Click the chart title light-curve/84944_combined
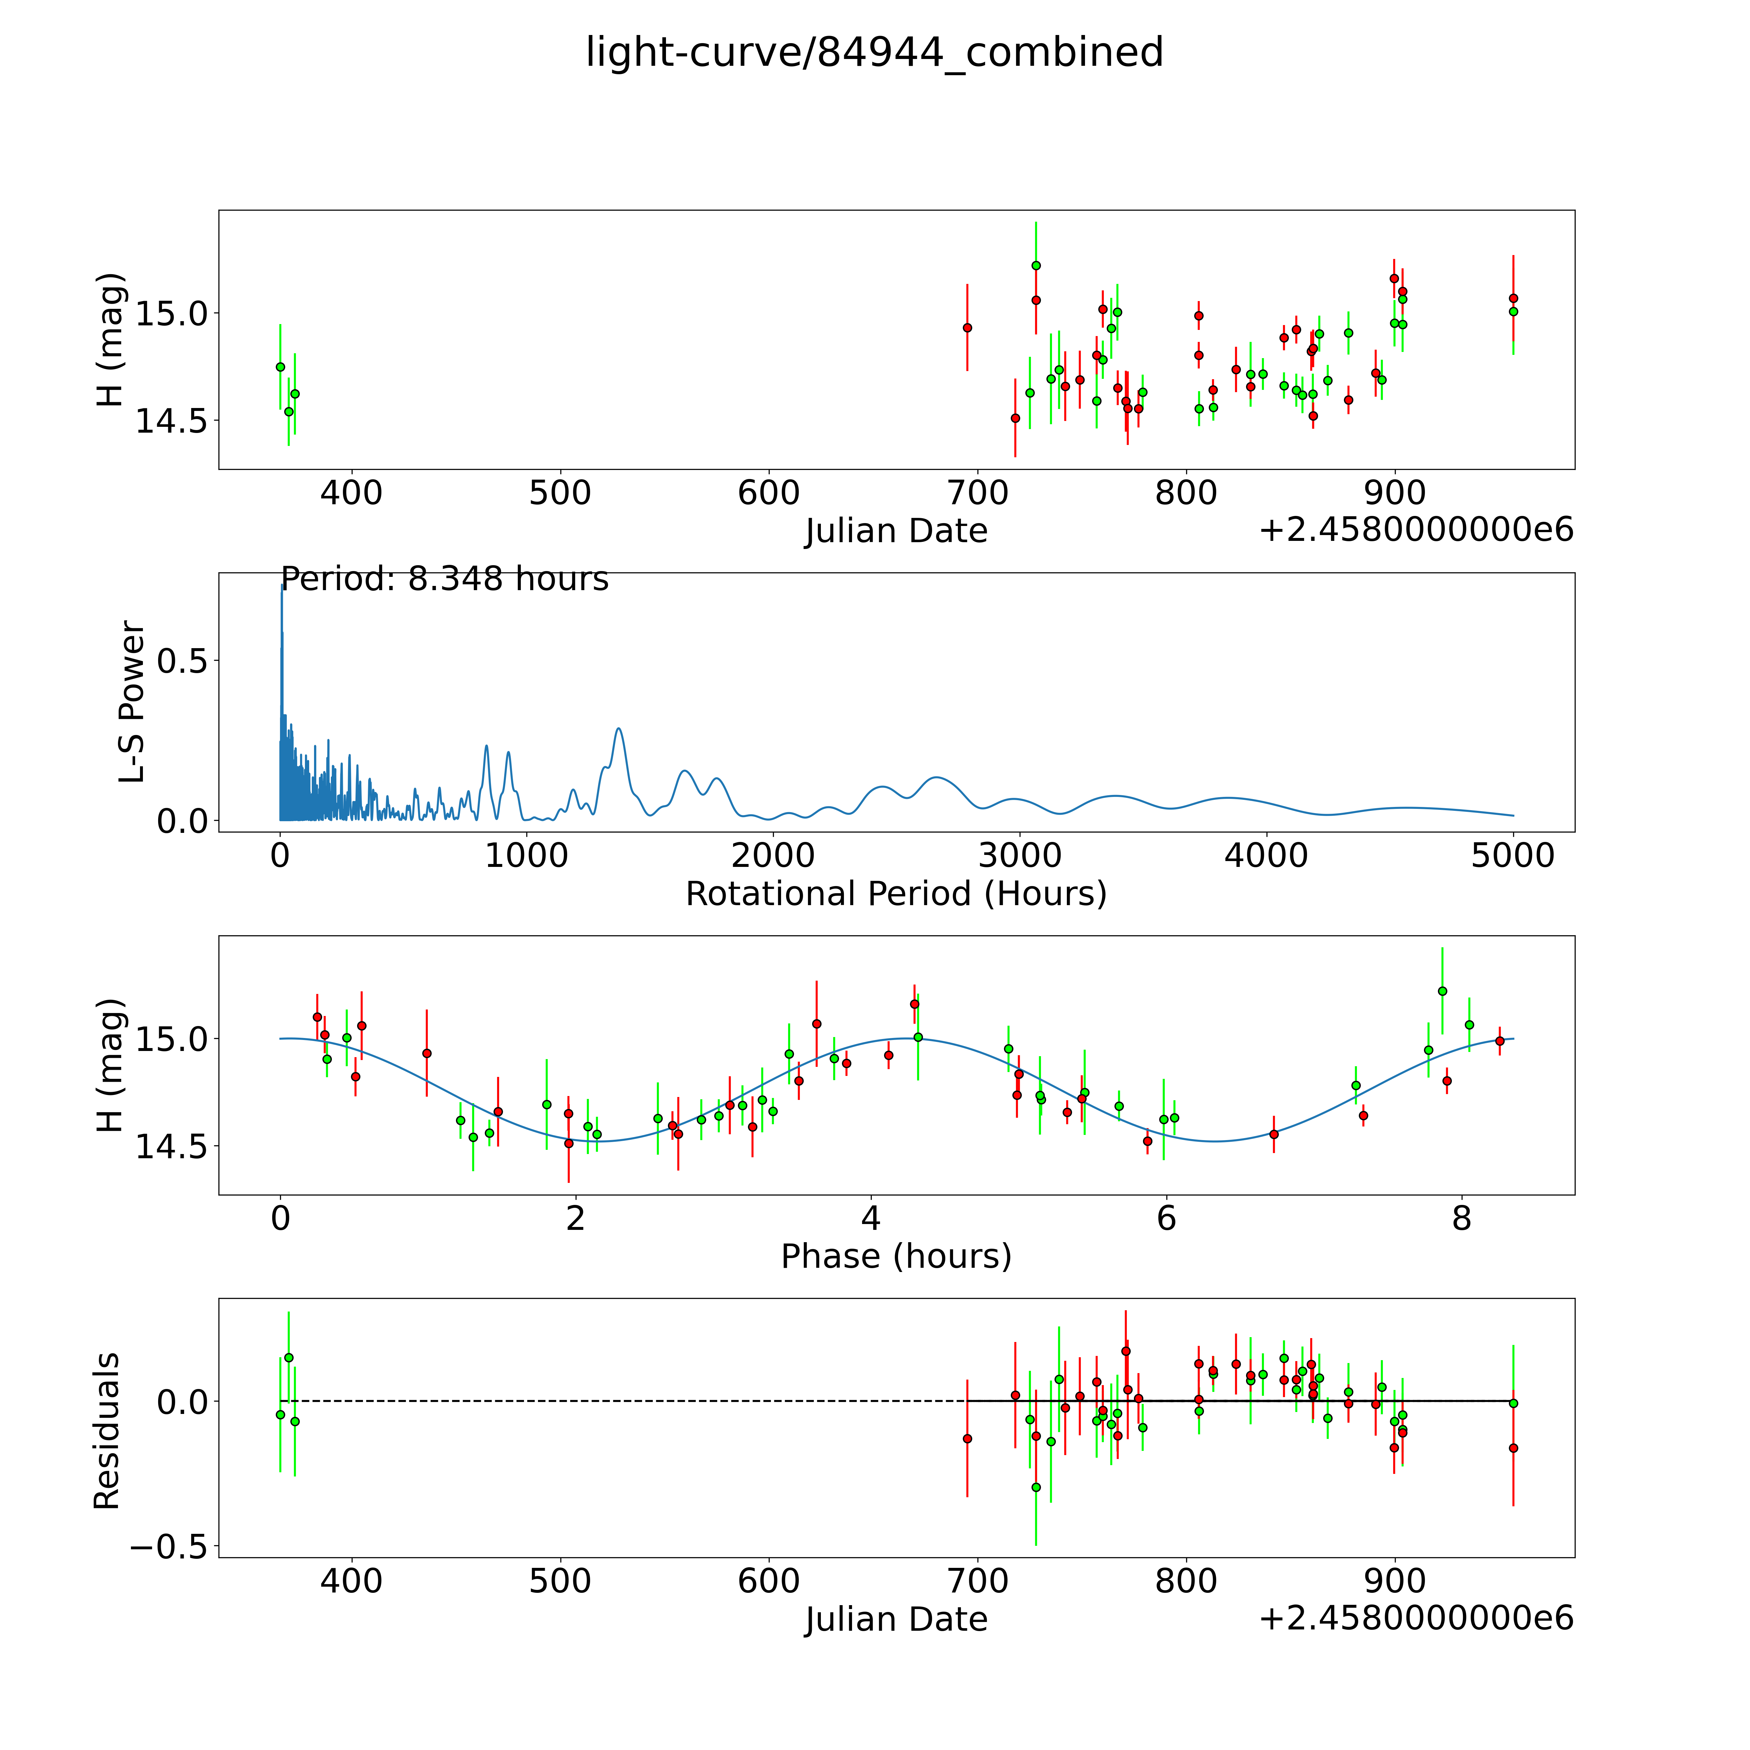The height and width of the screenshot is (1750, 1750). (x=874, y=52)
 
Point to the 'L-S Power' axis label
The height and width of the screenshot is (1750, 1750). (x=132, y=702)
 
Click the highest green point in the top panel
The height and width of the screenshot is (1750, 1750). (x=1036, y=265)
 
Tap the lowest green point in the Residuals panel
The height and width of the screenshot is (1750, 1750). (x=1036, y=1487)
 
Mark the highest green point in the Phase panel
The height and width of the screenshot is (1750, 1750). (x=1442, y=991)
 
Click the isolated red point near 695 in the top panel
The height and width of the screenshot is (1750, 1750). (x=967, y=328)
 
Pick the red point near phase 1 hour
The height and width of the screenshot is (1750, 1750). (x=426, y=1054)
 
